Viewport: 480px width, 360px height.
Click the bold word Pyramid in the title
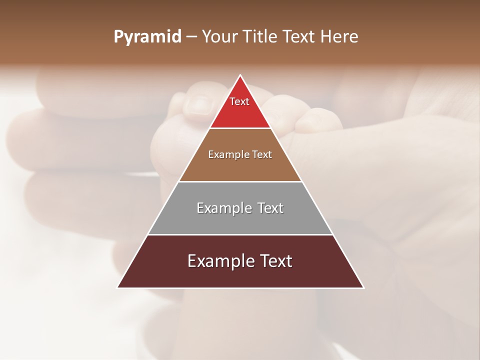pyautogui.click(x=147, y=37)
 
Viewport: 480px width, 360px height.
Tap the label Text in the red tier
pyautogui.click(x=239, y=101)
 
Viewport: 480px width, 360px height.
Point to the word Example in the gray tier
pyautogui.click(x=223, y=208)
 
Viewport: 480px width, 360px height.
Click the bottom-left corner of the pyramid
pyautogui.click(x=117, y=287)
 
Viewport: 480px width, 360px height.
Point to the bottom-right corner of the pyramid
pyautogui.click(x=363, y=287)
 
